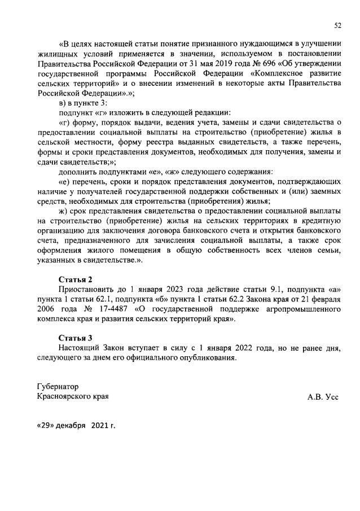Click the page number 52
click(337, 25)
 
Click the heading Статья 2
click(75, 279)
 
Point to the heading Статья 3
click(75, 338)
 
